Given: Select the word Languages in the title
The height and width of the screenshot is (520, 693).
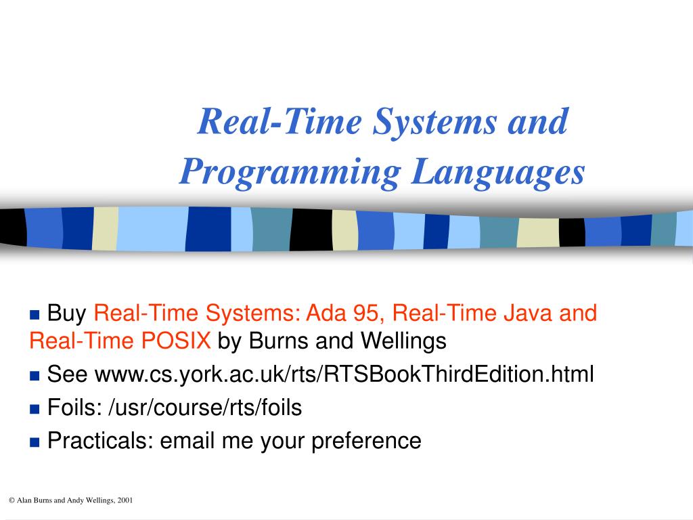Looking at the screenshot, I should click(497, 172).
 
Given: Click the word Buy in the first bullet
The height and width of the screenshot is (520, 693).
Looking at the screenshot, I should click(68, 313).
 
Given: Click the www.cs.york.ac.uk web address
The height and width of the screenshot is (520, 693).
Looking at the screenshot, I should click(344, 374).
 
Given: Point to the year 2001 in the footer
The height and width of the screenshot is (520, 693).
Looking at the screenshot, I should click(125, 500).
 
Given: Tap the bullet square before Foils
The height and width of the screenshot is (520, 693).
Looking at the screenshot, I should click(35, 408).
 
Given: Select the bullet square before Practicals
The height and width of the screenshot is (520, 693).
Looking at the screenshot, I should click(35, 441).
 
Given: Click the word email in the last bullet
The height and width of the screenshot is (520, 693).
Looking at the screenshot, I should click(187, 441).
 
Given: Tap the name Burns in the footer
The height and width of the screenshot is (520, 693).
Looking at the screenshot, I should click(43, 500).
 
